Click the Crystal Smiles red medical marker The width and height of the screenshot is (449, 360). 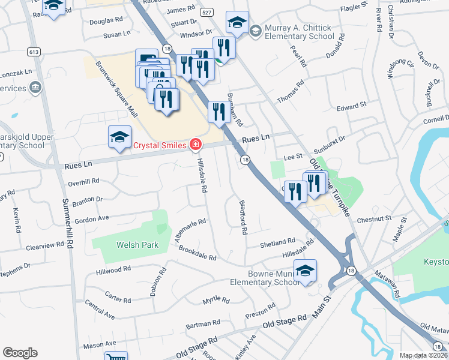tap(195, 144)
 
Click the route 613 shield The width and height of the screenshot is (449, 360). tap(34, 51)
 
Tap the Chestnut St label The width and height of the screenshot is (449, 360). tap(374, 220)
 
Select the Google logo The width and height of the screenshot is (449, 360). tap(20, 353)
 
